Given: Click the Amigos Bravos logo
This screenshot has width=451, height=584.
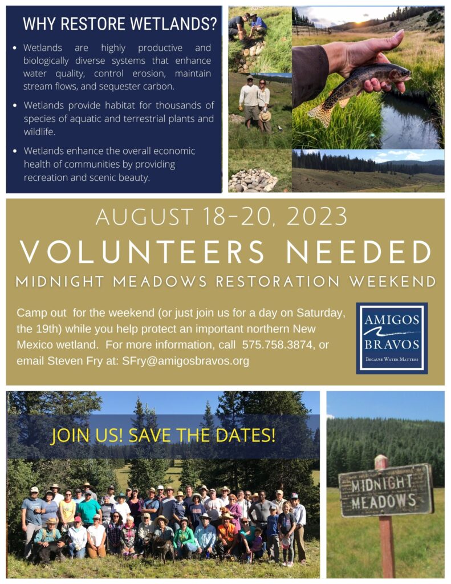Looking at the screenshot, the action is click(x=392, y=338).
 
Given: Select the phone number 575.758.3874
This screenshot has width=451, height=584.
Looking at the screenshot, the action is click(x=278, y=345).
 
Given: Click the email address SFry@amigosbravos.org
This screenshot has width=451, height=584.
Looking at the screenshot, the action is click(x=185, y=361).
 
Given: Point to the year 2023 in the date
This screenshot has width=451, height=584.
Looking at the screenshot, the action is click(x=316, y=216).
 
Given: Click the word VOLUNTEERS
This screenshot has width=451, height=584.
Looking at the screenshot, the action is click(x=143, y=252).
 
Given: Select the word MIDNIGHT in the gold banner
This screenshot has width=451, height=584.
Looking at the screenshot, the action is click(x=60, y=282).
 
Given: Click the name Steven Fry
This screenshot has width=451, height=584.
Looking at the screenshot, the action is click(x=75, y=361).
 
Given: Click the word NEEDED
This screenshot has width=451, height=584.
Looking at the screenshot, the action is click(x=359, y=252).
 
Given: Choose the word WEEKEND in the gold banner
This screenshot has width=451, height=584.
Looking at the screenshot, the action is click(x=392, y=282).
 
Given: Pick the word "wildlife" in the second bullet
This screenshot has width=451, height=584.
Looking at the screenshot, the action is click(x=39, y=132).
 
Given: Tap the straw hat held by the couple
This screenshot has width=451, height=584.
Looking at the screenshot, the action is click(x=265, y=116).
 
